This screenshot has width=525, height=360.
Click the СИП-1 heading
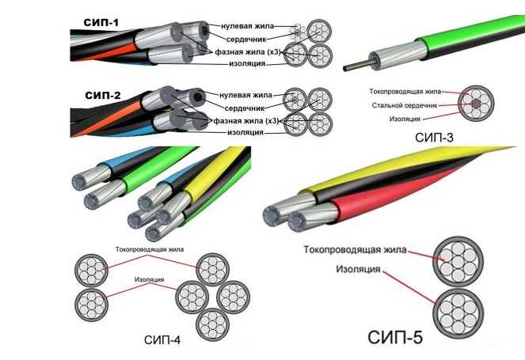pyautogui.click(x=101, y=22)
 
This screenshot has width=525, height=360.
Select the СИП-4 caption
pyautogui.click(x=163, y=341)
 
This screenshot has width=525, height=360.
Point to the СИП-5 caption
pyautogui.click(x=396, y=338)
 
